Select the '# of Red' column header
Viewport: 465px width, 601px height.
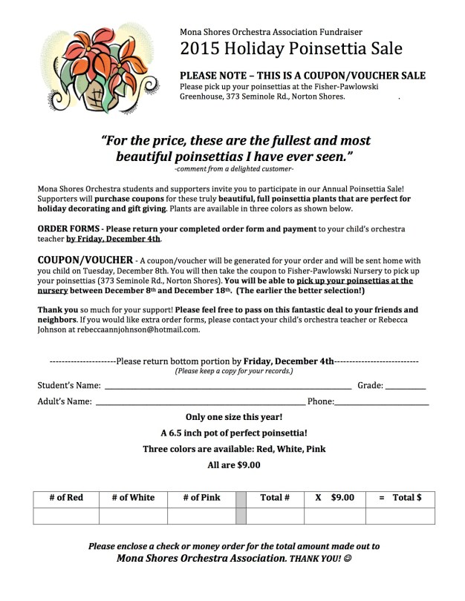[66, 498]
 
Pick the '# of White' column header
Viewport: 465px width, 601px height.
[133, 498]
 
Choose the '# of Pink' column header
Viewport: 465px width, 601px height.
[201, 498]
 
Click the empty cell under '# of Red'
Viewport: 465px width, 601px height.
[66, 516]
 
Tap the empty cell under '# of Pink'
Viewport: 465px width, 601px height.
[201, 516]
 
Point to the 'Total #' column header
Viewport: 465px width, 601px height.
[275, 498]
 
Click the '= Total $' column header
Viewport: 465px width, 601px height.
[400, 498]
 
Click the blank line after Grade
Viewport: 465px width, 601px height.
[406, 387]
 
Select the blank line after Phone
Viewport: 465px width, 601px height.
[382, 404]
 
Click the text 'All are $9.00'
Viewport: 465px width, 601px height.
[234, 466]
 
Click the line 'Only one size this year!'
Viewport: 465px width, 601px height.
[234, 417]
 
